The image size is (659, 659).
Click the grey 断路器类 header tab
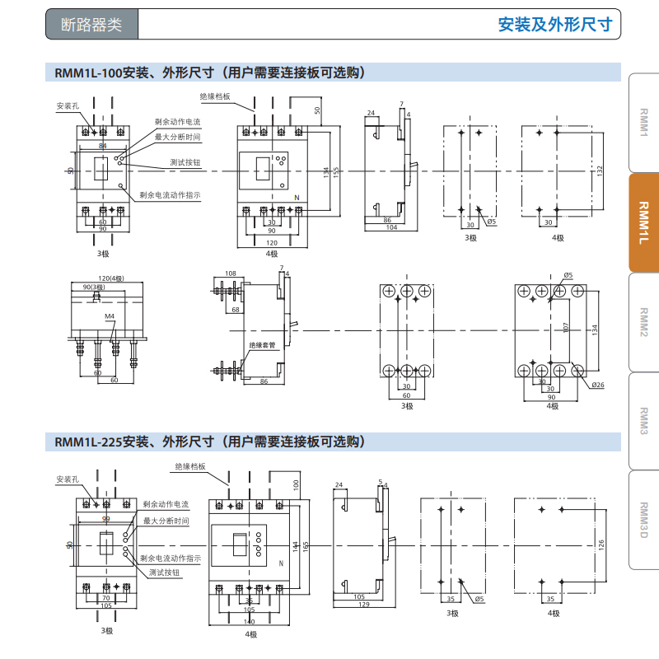[x=91, y=25]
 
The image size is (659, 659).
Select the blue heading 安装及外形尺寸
[x=556, y=25]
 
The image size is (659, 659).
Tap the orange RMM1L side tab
[x=644, y=222]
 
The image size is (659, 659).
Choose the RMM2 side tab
[x=644, y=322]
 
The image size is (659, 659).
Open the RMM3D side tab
[x=644, y=520]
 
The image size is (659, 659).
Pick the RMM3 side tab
[x=644, y=421]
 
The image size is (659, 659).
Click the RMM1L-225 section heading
[x=209, y=442]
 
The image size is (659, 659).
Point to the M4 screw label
[x=110, y=317]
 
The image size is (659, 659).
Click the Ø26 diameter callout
[x=597, y=385]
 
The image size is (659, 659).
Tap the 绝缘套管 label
[x=262, y=345]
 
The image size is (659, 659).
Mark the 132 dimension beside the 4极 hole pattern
[x=600, y=169]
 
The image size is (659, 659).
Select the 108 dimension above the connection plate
[x=230, y=273]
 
